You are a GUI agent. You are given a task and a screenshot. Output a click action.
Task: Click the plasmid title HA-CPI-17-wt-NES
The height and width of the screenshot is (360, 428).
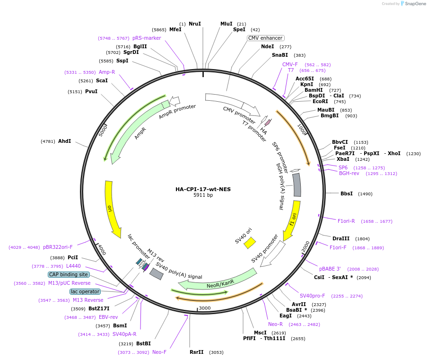click(x=203, y=189)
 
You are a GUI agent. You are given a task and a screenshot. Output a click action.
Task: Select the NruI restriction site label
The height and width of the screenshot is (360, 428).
click(x=195, y=24)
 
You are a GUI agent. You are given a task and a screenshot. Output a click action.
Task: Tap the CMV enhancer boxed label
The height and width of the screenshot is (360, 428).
click(x=265, y=38)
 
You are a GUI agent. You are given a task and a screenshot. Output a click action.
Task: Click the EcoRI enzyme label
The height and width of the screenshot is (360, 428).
click(x=320, y=101)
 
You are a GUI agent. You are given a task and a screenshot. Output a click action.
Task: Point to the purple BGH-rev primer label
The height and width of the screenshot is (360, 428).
click(x=349, y=173)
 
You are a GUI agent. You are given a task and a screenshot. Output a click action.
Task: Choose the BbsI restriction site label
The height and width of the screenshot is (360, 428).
click(x=347, y=193)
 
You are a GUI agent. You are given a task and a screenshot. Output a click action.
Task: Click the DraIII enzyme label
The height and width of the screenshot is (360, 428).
click(x=341, y=238)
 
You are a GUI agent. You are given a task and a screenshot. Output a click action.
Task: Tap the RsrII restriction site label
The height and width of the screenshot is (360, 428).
click(x=196, y=352)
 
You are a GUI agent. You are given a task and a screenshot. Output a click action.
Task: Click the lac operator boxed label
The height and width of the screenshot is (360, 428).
click(x=85, y=291)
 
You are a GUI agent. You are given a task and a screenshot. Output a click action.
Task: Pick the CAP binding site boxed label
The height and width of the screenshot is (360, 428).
click(x=68, y=274)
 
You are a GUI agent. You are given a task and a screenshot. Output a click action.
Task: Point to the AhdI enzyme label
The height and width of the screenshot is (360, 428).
click(x=64, y=141)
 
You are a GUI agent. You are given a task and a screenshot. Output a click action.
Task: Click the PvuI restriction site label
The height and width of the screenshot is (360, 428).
click(x=91, y=91)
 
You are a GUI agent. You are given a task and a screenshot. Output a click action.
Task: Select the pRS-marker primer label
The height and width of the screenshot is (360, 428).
click(x=147, y=38)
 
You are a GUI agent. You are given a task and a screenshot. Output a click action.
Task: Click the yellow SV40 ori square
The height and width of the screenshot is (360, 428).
click(x=249, y=243)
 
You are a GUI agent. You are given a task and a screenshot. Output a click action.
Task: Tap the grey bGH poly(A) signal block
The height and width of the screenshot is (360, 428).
click(x=297, y=185)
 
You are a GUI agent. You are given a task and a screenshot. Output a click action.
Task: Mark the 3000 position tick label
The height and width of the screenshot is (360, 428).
click(x=204, y=308)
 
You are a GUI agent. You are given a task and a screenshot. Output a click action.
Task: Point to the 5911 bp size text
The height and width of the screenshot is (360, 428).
click(x=203, y=195)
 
